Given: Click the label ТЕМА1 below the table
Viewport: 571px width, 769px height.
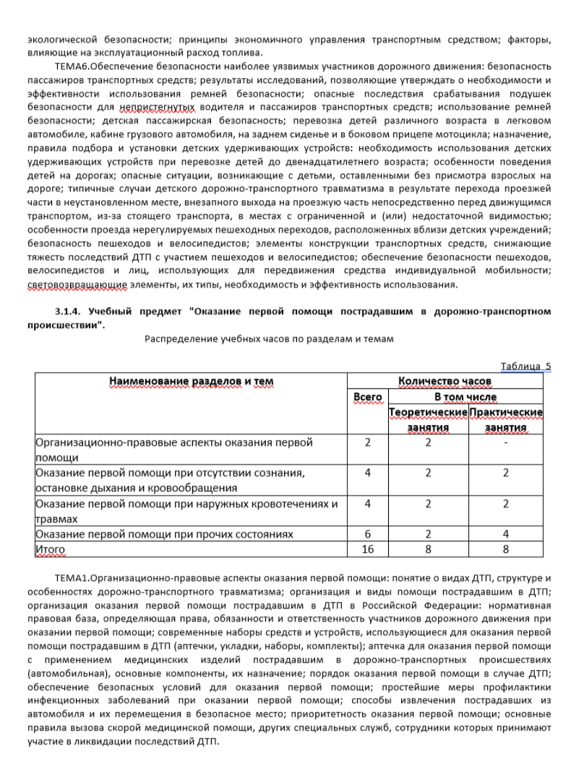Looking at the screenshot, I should [71, 579].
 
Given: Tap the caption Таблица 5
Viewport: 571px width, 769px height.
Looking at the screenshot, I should [525, 366].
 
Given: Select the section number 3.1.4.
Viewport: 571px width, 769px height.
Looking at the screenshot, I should [70, 312].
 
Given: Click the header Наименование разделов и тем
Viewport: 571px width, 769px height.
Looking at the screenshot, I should [192, 381].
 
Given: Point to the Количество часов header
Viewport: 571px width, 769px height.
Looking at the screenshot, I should [445, 381].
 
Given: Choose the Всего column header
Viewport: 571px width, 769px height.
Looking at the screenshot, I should [367, 397].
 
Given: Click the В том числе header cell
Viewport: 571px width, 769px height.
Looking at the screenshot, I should [465, 397].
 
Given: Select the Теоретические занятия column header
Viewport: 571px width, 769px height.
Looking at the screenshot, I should [428, 419].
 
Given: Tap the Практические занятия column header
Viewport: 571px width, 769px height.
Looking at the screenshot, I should [505, 419].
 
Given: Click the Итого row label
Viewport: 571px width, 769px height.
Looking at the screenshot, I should [50, 550].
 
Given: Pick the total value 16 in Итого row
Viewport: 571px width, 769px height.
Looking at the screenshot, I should [367, 550].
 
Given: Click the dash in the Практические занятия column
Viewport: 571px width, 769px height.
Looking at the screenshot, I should [505, 442].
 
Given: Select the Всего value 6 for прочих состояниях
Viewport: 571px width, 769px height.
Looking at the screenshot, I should [367, 534].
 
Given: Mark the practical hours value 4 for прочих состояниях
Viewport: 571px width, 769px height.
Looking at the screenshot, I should [505, 534].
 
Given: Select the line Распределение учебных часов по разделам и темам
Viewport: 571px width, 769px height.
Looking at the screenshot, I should [269, 339].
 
